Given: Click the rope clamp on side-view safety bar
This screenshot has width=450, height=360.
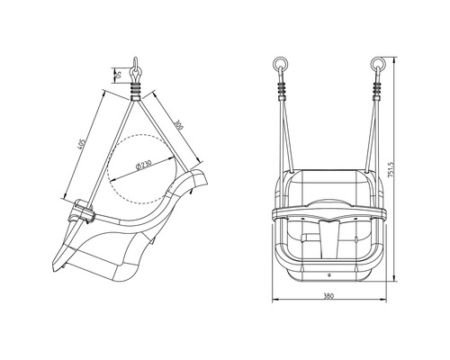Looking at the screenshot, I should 83,212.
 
